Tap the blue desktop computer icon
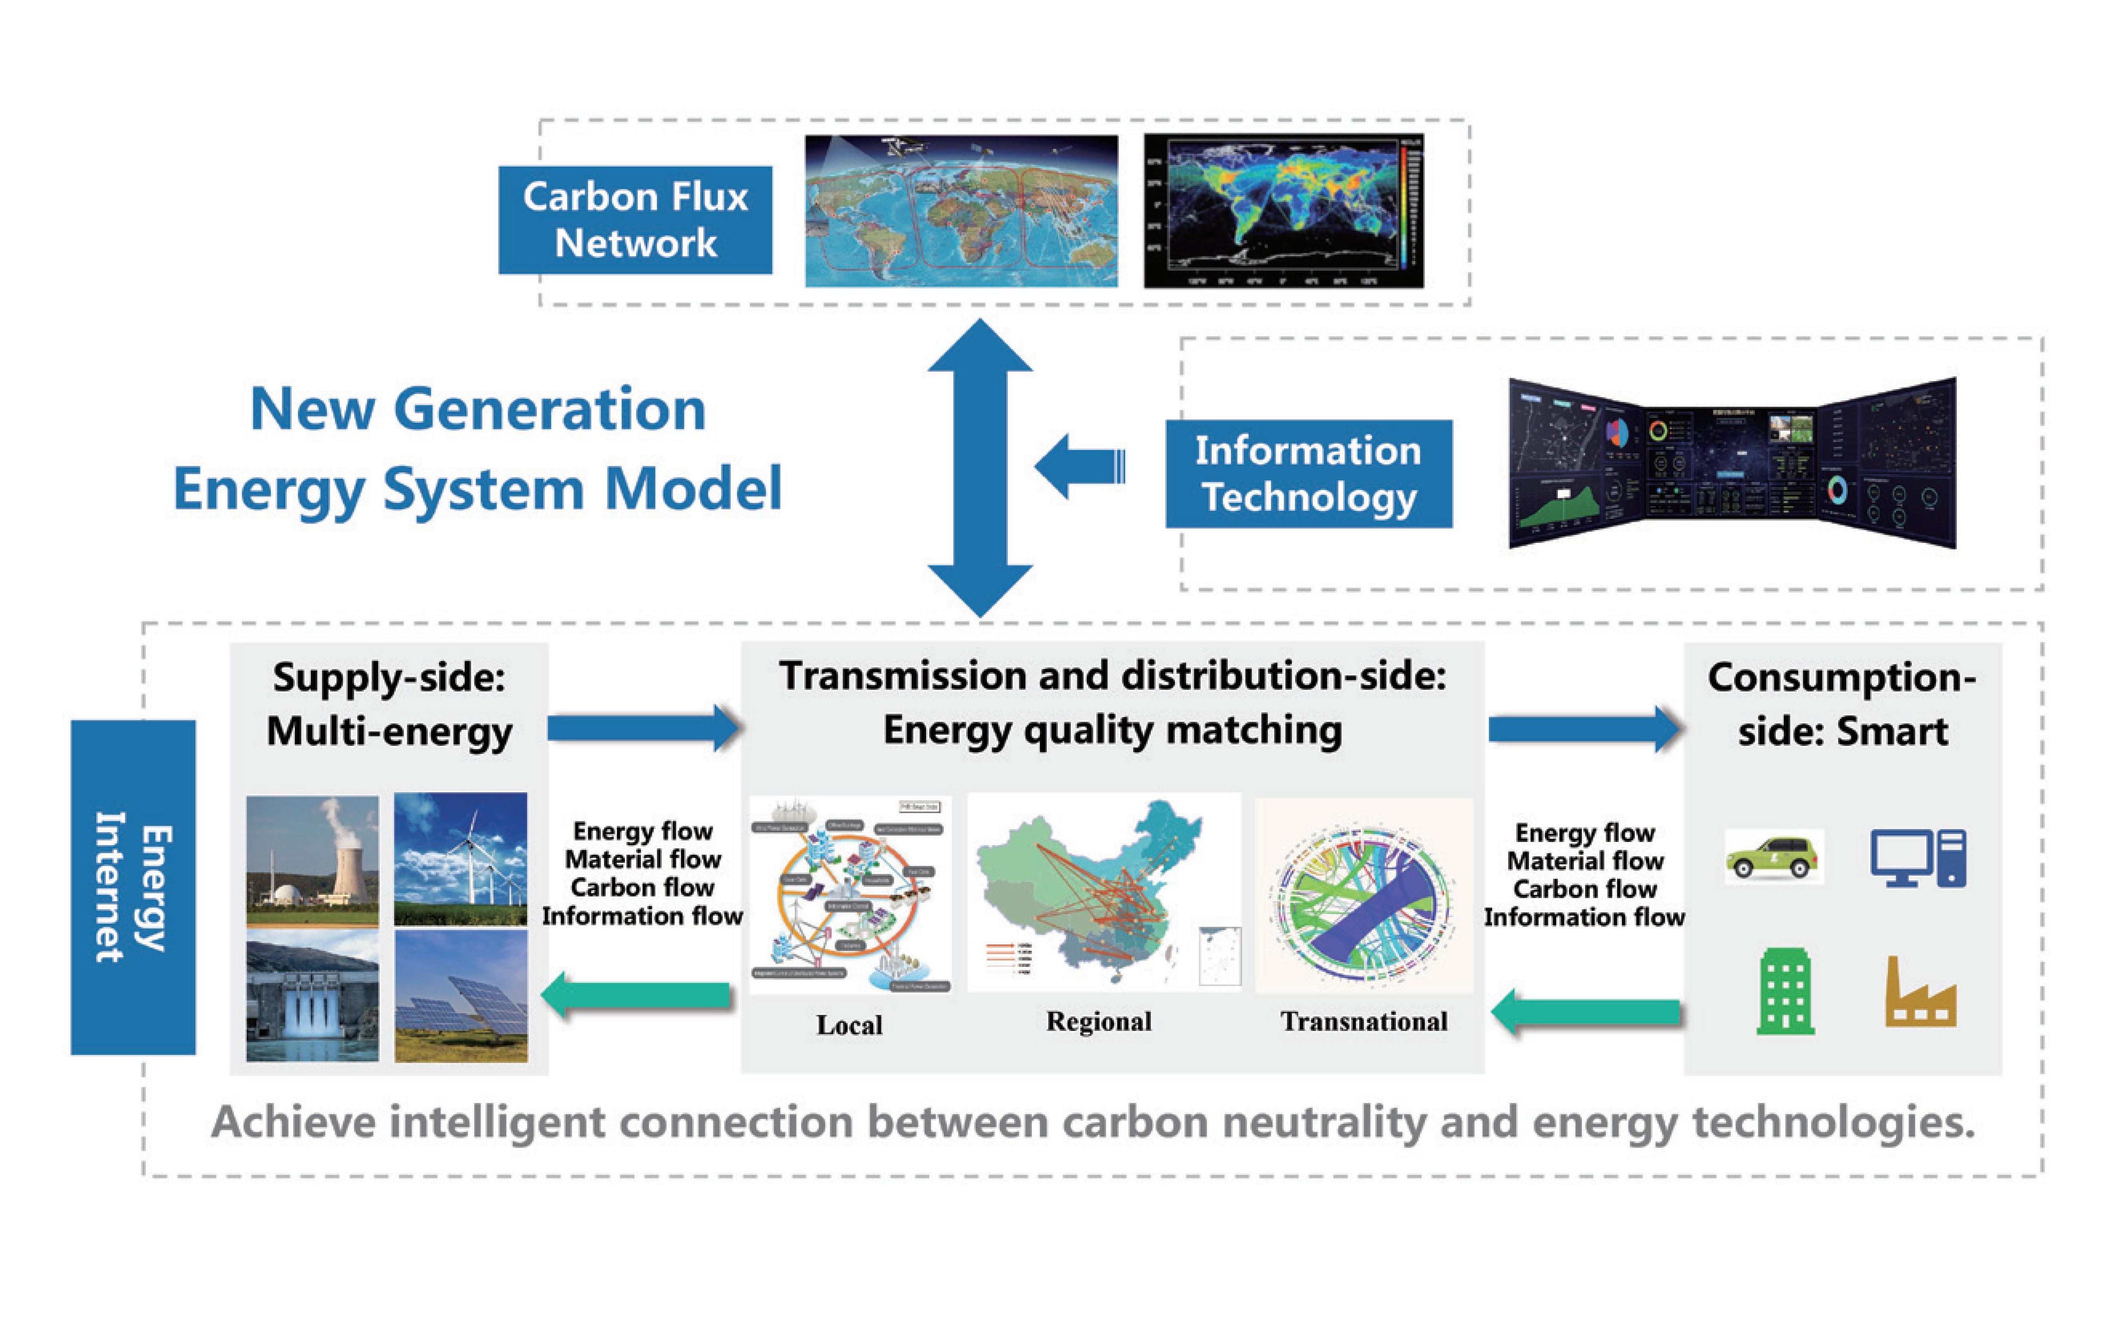pyautogui.click(x=1918, y=857)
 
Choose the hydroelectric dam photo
pyautogui.click(x=312, y=995)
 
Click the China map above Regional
pyautogui.click(x=1102, y=890)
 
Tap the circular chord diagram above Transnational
pyautogui.click(x=1363, y=894)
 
